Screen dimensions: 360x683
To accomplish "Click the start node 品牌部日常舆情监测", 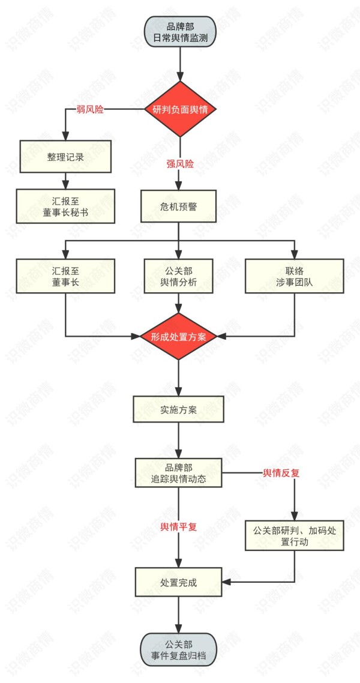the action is point(179,31).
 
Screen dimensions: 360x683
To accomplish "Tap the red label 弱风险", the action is point(90,110).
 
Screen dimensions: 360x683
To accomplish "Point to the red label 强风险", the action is point(180,164).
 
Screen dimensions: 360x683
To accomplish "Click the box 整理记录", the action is point(65,157).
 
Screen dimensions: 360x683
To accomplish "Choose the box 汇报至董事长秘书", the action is point(65,206).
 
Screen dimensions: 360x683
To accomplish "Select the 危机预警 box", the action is point(179,206).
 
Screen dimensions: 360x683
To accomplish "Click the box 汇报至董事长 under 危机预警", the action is point(65,276).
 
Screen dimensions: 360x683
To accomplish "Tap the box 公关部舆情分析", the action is point(179,276).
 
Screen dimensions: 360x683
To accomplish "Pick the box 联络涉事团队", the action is point(294,276).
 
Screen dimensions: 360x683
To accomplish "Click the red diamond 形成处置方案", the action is point(179,336).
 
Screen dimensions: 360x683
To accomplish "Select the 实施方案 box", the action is point(179,409).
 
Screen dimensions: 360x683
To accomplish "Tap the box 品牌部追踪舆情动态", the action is point(179,474).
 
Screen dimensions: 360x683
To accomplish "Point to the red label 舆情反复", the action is point(281,474).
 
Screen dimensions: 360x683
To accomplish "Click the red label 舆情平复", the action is point(179,526).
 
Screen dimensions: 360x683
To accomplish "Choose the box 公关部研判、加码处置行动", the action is point(294,535).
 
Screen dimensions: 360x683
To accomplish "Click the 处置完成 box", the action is point(179,582).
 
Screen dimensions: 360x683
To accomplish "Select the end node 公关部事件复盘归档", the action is point(179,649).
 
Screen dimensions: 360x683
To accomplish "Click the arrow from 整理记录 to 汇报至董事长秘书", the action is point(65,181).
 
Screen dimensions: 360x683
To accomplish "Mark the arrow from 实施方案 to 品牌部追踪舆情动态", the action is point(179,440).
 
